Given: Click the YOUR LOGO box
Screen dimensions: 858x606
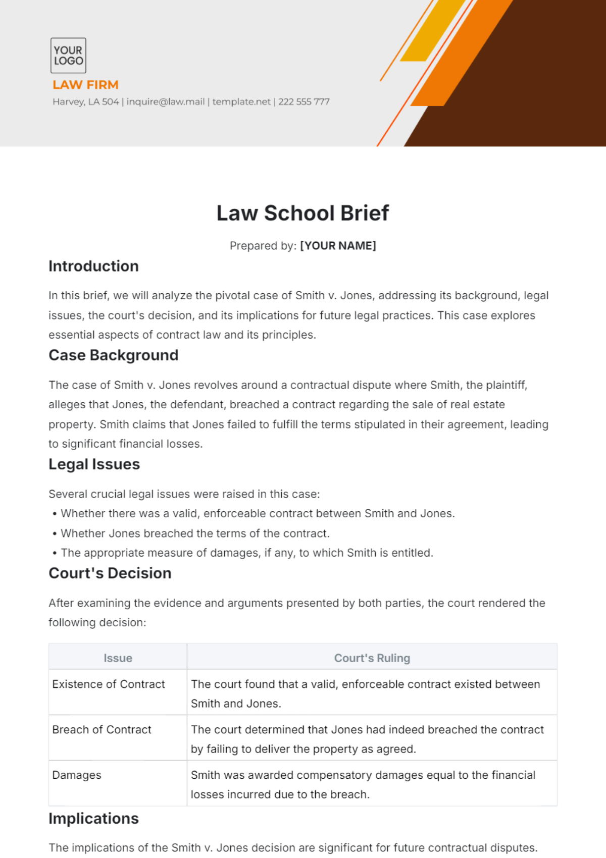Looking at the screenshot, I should (68, 56).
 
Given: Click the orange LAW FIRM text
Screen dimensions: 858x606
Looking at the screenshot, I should (85, 85).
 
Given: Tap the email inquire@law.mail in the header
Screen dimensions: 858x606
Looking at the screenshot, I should (166, 102).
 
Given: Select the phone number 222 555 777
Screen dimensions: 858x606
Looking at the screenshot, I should (304, 102).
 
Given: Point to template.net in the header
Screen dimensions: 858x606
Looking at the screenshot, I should (241, 102).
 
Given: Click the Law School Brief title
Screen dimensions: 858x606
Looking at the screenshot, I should (302, 213).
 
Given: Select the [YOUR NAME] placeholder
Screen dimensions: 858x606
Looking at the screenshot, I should (338, 246).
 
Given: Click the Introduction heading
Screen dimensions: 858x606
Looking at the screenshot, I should (93, 266).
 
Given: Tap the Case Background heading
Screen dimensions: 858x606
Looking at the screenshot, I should (113, 355).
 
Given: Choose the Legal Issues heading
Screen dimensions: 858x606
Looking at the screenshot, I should (94, 464).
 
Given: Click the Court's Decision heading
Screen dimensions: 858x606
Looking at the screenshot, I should (110, 573).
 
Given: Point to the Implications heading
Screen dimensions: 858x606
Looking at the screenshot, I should (93, 819).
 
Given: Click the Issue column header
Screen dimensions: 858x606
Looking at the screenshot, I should (118, 658).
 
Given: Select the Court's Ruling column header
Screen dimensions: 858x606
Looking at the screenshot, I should (372, 658).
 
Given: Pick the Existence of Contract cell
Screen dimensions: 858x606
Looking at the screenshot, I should (109, 684).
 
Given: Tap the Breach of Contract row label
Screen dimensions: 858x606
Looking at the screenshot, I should (102, 730).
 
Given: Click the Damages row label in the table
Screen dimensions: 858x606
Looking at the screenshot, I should (77, 775).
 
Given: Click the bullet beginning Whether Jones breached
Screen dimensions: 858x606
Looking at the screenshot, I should (195, 533).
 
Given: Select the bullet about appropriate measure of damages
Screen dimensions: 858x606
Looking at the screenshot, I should (246, 553).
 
